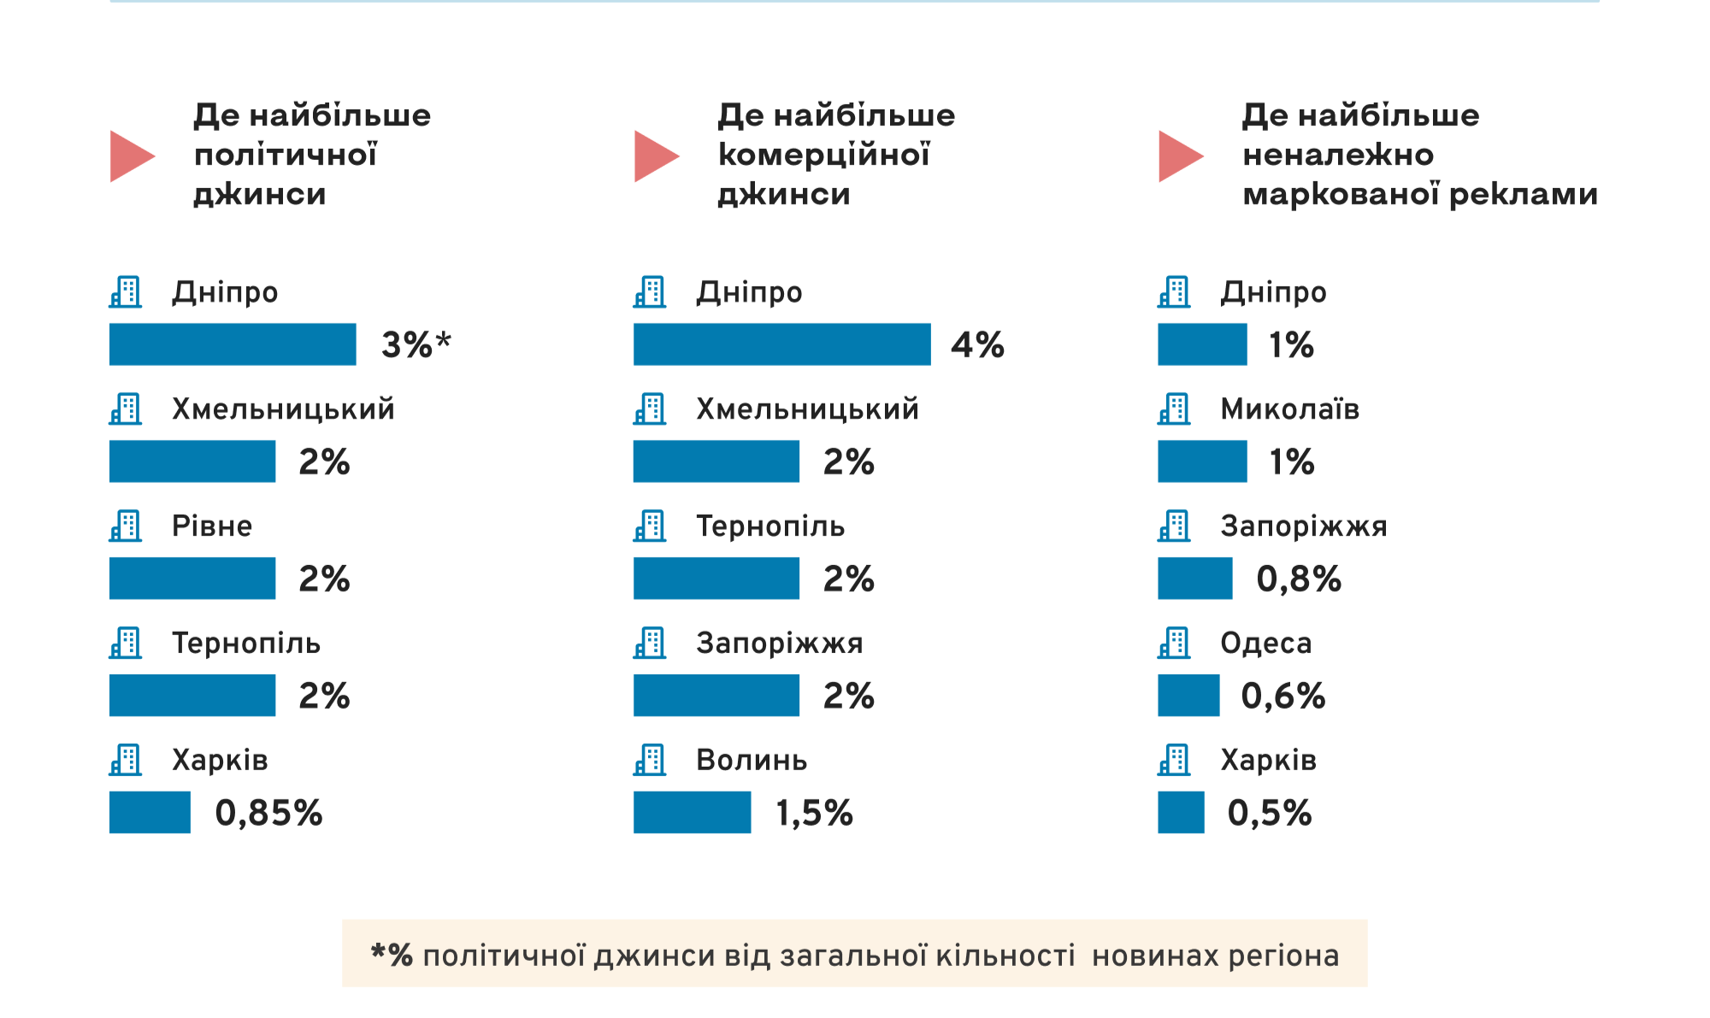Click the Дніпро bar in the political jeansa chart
point(233,344)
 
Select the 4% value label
point(977,345)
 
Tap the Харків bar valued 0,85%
point(150,812)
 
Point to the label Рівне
point(212,526)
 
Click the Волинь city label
point(752,760)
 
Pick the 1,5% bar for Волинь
point(692,812)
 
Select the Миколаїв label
point(1289,409)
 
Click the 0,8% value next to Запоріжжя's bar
point(1298,580)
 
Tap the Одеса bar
point(1188,695)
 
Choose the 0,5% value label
point(1269,813)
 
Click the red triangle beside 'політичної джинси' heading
point(131,156)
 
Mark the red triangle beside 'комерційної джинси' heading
point(655,156)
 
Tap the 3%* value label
point(416,345)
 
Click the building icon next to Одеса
point(1174,643)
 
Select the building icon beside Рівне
point(126,526)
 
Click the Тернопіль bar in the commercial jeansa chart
point(716,579)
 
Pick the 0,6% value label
point(1282,696)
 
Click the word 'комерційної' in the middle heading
point(823,155)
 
